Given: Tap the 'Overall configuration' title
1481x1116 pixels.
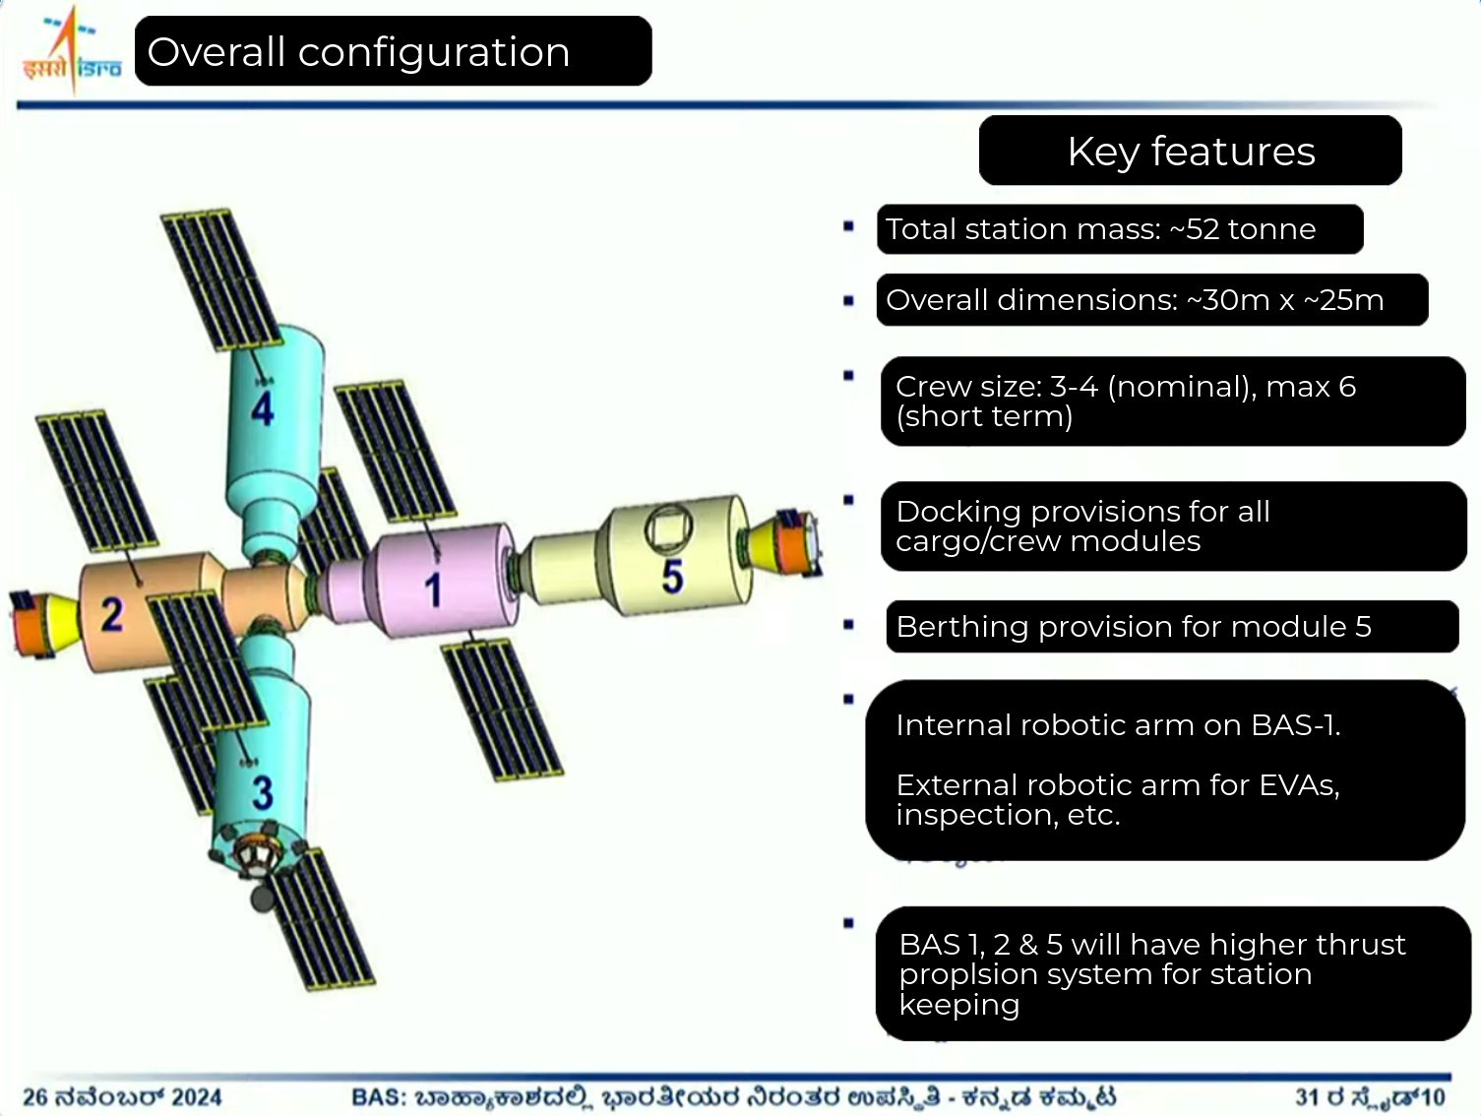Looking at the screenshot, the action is click(358, 52).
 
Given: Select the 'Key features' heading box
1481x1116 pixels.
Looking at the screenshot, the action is click(1190, 151).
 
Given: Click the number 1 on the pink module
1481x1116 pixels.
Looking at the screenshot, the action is click(433, 589).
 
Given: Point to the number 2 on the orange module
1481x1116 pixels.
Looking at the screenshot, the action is click(113, 614).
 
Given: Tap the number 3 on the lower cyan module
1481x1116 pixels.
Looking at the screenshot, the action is click(263, 793).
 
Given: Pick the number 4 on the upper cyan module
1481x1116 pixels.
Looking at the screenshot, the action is click(263, 408).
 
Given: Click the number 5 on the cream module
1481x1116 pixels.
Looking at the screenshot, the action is click(673, 577).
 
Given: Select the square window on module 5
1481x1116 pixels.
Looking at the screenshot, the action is click(668, 527).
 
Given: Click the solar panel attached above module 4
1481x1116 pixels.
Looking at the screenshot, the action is click(221, 279).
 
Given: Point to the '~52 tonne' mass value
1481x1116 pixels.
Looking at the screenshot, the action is click(1242, 229).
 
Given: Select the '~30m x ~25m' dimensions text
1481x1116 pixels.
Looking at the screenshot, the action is click(1284, 300).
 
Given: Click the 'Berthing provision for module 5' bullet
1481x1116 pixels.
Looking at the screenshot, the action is click(1134, 627).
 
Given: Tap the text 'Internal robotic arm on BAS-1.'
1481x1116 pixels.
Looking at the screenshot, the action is click(1118, 725).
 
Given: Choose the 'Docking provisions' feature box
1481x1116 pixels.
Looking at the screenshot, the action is click(1173, 527).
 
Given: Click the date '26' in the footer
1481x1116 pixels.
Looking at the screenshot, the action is click(35, 1097).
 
